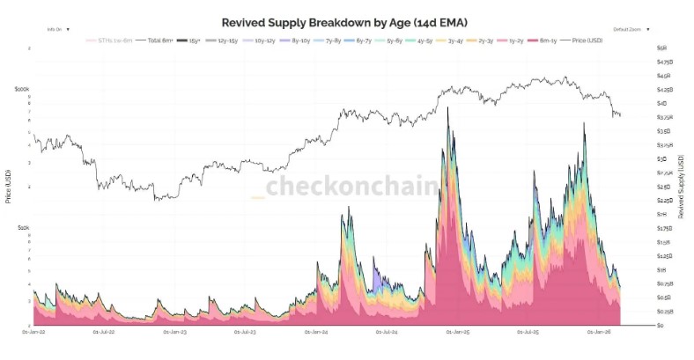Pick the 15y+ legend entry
(186, 40)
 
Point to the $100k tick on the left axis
(22, 89)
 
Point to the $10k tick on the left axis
(23, 227)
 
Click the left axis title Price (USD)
(8, 186)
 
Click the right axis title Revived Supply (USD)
(682, 186)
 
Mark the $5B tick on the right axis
(661, 48)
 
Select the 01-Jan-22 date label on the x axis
(33, 333)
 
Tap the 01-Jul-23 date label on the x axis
(246, 333)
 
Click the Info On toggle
(55, 29)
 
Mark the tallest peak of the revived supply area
(447, 108)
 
